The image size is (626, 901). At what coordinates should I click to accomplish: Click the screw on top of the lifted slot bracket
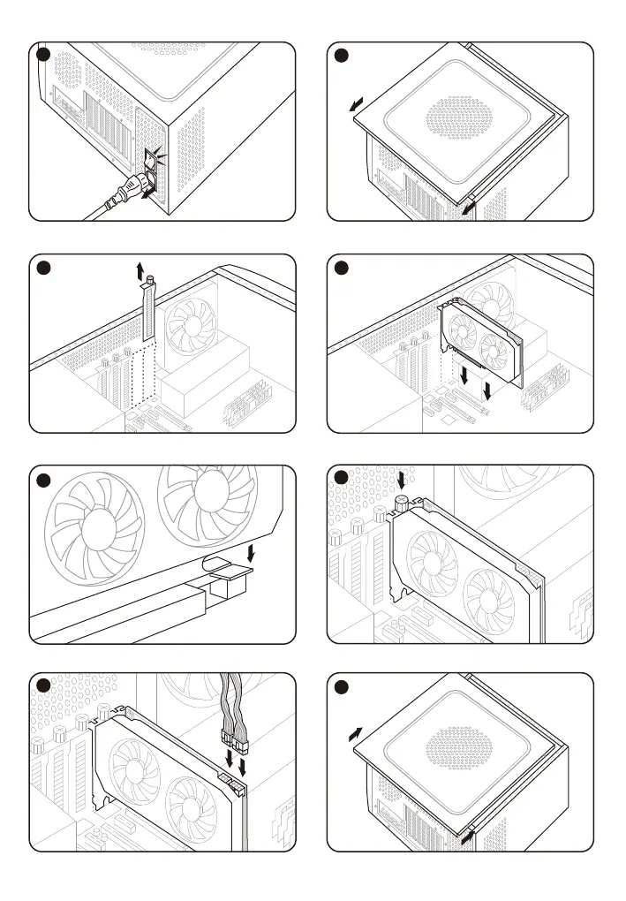coord(151,282)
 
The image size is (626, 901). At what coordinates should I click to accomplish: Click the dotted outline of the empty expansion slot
coord(134,375)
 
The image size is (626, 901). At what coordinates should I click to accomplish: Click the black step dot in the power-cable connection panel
coord(44,687)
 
